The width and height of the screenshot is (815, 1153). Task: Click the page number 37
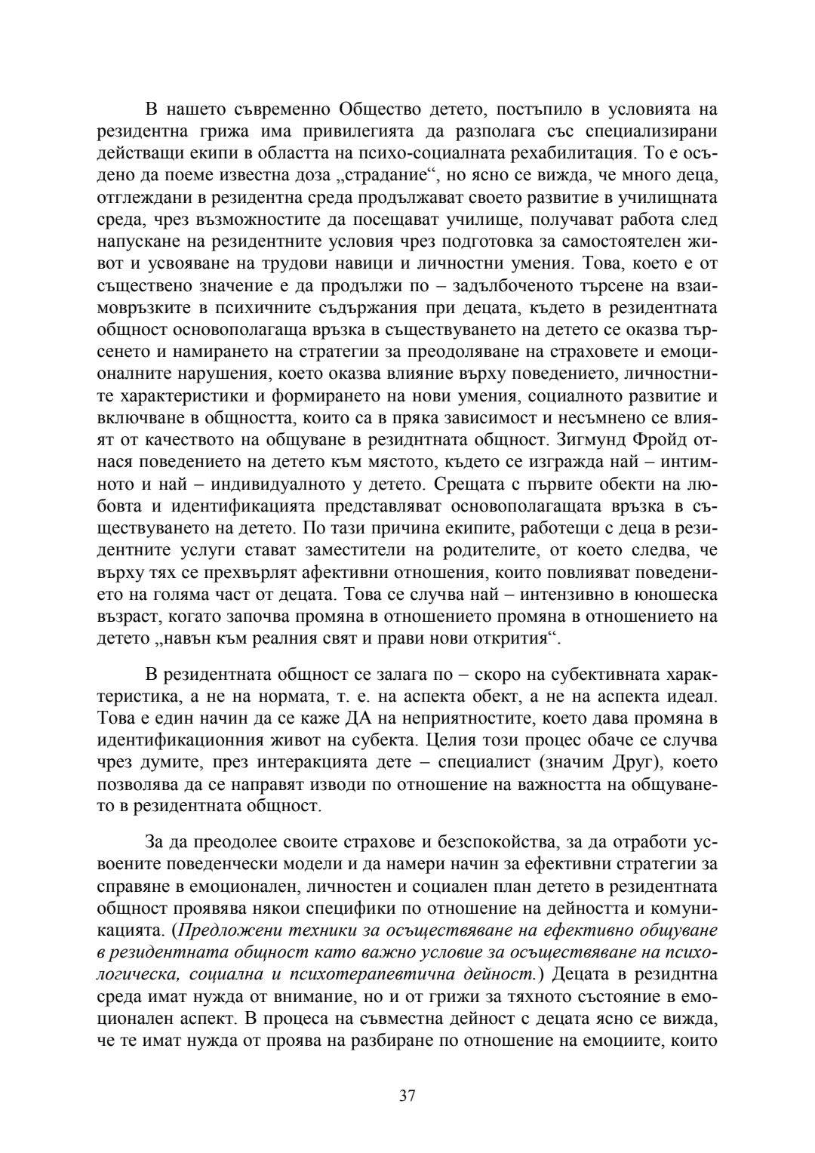[407, 1096]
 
